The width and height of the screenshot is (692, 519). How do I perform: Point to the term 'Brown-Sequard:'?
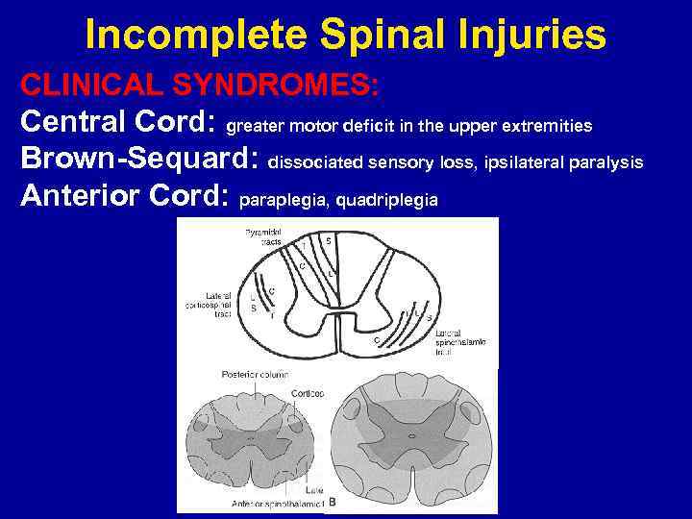pos(140,161)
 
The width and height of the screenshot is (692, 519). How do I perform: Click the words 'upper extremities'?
pos(528,126)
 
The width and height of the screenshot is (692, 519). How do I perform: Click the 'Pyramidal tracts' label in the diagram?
pos(262,236)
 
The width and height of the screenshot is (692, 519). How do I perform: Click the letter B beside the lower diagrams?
pos(333,502)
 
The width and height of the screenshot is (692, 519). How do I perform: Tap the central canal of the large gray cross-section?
pos(412,434)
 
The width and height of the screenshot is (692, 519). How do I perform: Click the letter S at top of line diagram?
pos(329,240)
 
